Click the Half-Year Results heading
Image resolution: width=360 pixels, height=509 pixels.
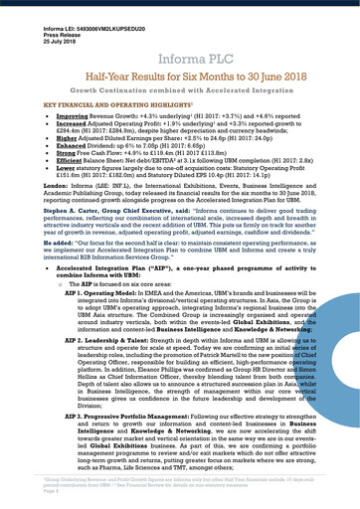click(179, 75)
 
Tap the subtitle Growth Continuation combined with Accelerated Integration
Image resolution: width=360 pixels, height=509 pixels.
click(179, 91)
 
